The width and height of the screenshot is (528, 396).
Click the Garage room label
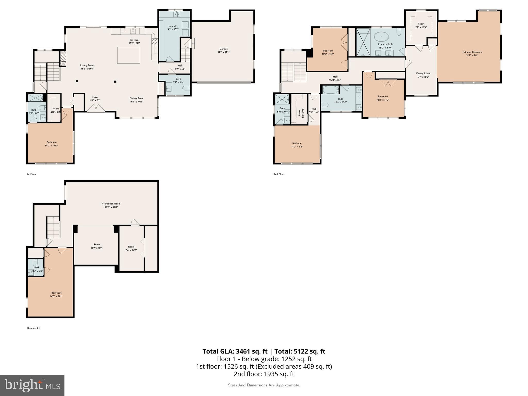pos(224,49)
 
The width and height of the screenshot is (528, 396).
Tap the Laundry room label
pos(173,26)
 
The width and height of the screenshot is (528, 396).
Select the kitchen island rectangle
pos(129,55)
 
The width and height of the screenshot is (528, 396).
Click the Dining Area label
pos(136,98)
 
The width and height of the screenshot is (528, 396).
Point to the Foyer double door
pos(96,109)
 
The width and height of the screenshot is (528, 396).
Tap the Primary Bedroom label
pos(472,52)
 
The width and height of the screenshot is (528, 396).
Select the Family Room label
pos(423,73)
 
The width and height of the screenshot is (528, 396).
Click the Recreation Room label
pos(111,204)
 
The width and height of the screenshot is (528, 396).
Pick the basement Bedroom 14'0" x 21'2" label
pos(56,293)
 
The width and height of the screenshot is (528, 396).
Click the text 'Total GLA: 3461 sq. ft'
pos(235,351)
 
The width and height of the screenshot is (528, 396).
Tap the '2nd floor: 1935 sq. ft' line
pos(264,374)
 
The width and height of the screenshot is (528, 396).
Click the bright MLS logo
pos(32,385)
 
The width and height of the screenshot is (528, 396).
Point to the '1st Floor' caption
pos(31,174)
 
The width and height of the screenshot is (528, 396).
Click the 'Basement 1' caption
pos(34,328)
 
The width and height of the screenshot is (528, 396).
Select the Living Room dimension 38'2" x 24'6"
pos(87,69)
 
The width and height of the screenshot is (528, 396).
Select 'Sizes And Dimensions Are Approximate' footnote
pos(264,385)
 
